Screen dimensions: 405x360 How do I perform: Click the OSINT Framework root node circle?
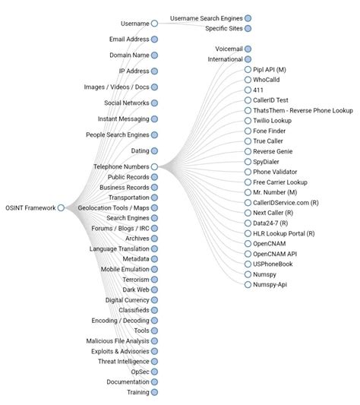pos(61,207)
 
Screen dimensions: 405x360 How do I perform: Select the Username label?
pos(134,24)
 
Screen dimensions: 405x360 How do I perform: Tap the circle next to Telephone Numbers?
pos(154,166)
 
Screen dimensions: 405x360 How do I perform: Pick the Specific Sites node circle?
pos(248,29)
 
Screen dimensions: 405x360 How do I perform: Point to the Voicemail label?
pos(228,49)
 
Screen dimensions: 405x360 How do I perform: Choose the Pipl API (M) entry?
pos(270,69)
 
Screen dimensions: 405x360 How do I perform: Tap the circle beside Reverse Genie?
pos(248,151)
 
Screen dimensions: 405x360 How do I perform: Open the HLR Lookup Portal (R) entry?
pos(283,233)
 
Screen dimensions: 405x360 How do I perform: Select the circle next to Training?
pos(154,392)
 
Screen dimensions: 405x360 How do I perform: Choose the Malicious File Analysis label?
pos(118,341)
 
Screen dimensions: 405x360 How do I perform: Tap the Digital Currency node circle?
pos(154,300)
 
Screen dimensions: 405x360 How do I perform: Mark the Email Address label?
pos(129,39)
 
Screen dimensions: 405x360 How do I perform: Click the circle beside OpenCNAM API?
pos(248,254)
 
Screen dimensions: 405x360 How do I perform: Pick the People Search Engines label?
pos(118,134)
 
